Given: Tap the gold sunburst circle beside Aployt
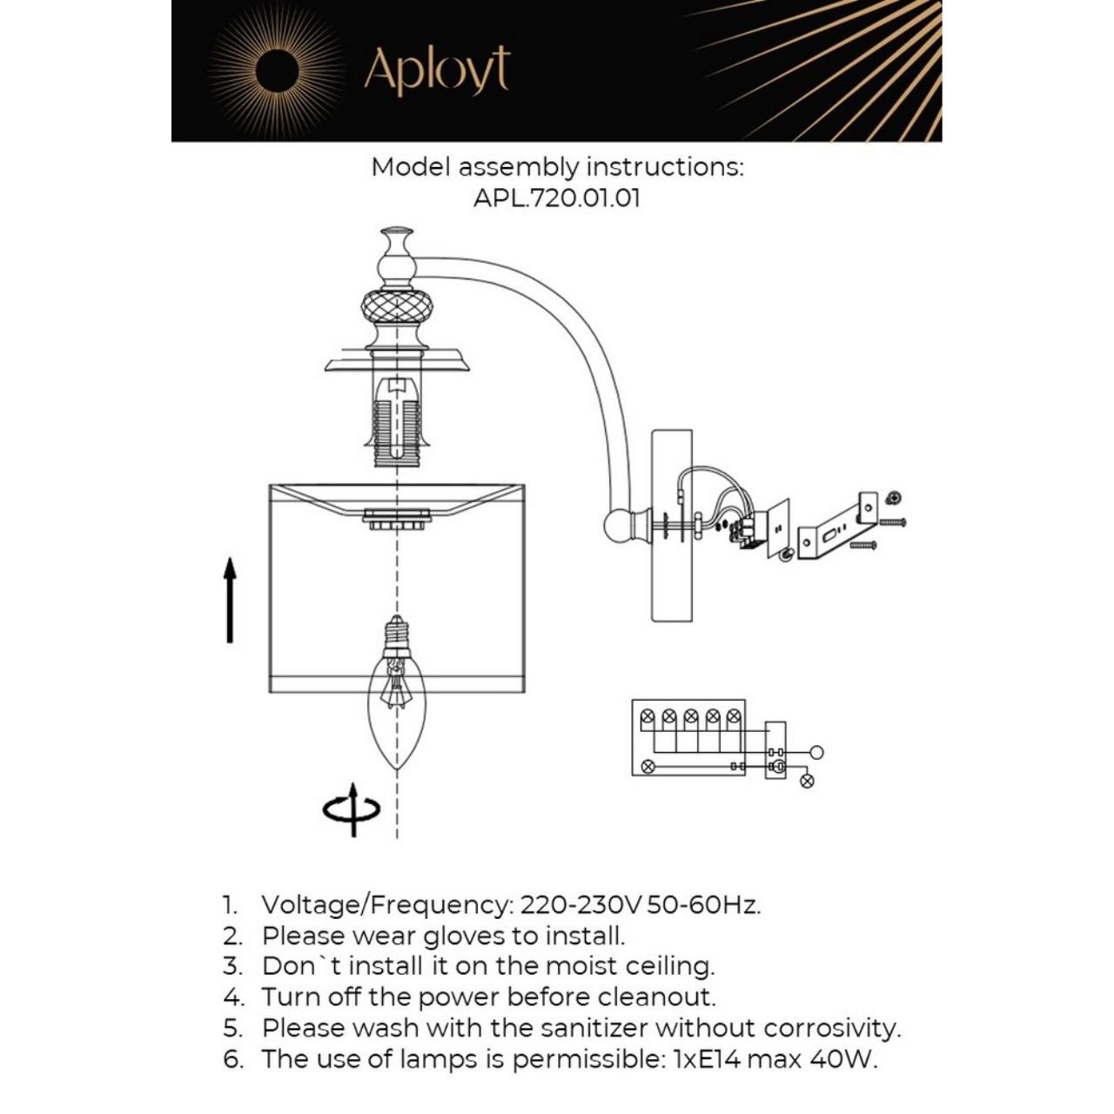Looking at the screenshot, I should coord(277,70).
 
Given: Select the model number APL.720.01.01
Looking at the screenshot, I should coord(556,198).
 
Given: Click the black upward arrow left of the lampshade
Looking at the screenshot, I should coord(230,601).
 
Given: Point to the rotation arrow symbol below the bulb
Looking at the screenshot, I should coord(352,809).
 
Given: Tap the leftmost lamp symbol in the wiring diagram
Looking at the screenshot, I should coord(648,716).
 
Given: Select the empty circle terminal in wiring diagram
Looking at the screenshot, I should coord(815,752).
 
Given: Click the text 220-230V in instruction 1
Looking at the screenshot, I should coord(580,905).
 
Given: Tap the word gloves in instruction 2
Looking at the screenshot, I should coord(465,936).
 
